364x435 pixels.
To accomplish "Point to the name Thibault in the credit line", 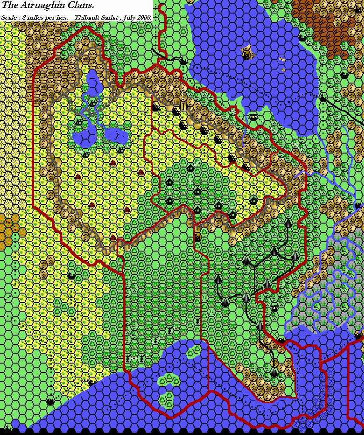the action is (x=88, y=18).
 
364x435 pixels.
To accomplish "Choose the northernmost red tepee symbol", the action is (x=112, y=162).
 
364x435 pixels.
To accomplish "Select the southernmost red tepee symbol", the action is (x=112, y=237).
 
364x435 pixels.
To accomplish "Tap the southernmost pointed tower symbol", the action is (x=274, y=372).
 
